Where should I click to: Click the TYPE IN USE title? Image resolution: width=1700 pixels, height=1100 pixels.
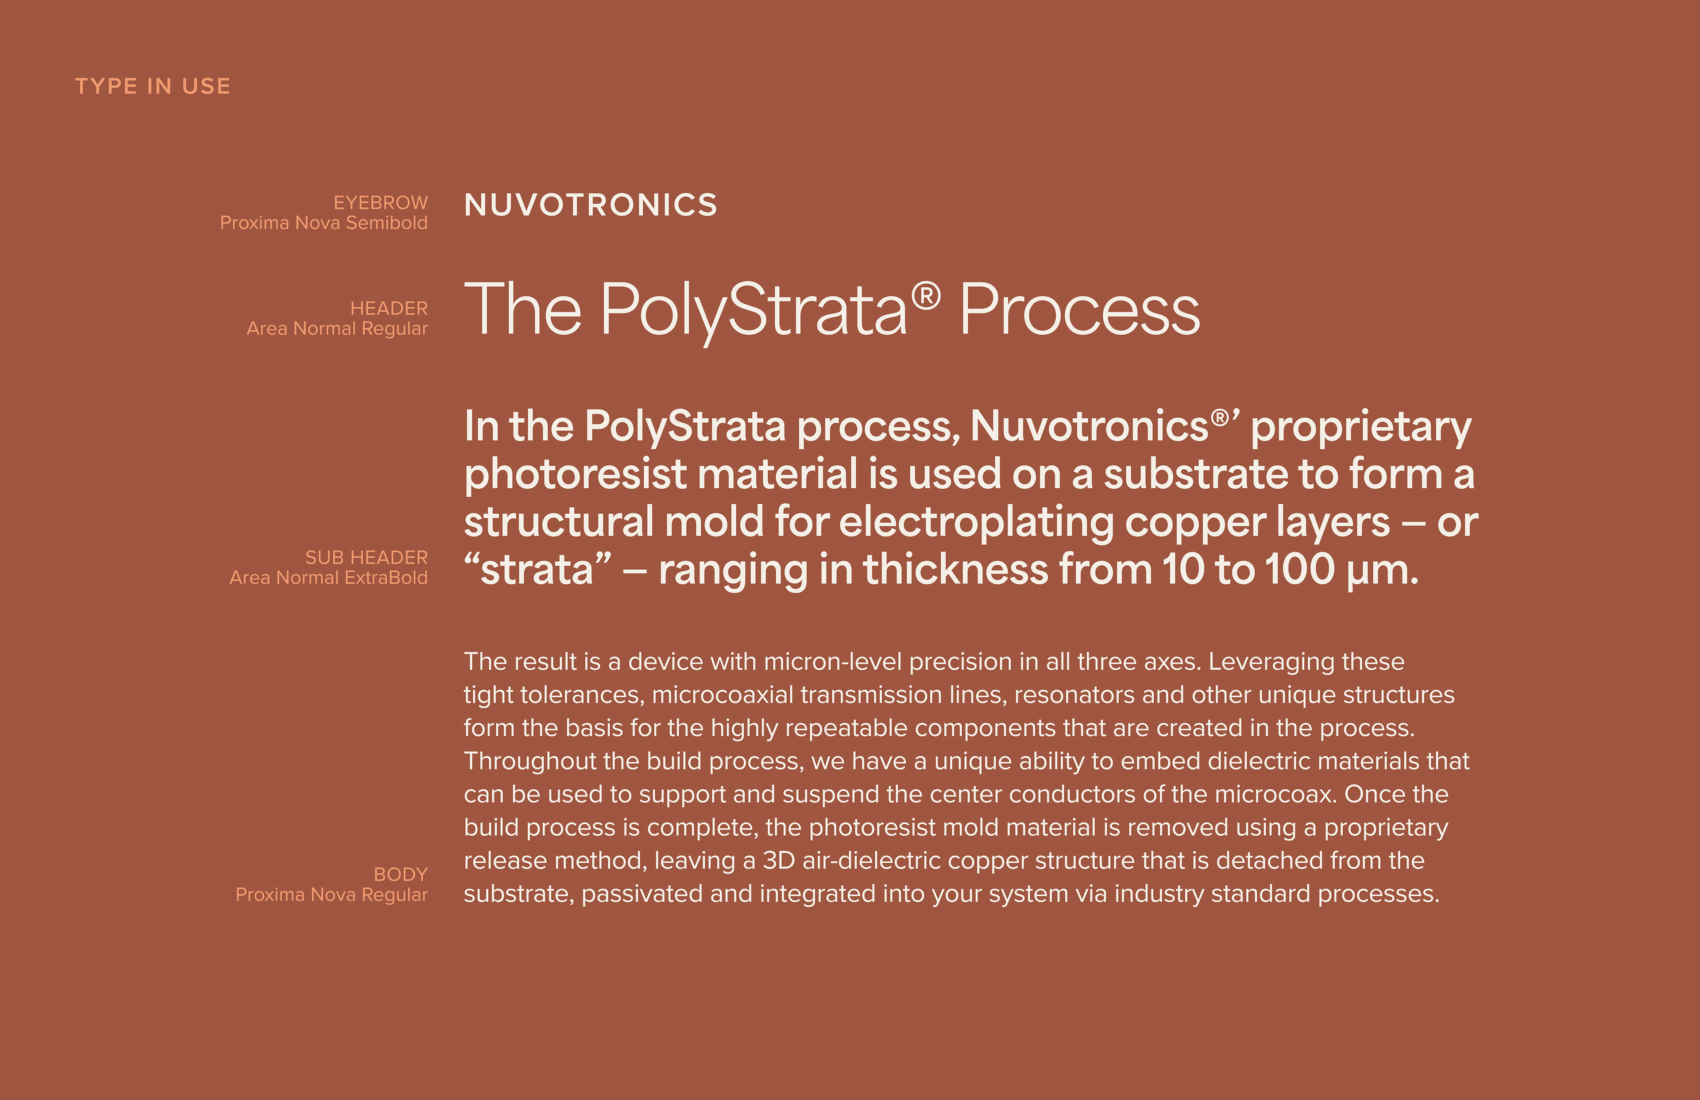[x=153, y=86]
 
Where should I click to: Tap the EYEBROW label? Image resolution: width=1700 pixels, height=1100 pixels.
[x=381, y=203]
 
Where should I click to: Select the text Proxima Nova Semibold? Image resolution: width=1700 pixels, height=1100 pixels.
[x=324, y=223]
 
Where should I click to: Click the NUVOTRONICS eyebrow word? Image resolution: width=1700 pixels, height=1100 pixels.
[x=591, y=205]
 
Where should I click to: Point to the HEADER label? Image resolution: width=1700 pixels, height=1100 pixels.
[x=389, y=309]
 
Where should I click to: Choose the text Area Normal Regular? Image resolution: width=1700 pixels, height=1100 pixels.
[x=337, y=328]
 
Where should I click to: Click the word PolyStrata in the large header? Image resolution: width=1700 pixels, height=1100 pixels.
[x=753, y=312]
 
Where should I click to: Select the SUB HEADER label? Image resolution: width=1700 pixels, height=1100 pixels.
[x=367, y=558]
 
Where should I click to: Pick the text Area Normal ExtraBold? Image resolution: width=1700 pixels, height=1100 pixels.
[x=328, y=578]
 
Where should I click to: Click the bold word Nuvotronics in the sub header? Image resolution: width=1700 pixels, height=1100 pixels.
[x=1090, y=426]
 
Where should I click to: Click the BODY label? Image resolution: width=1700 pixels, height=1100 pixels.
[x=401, y=875]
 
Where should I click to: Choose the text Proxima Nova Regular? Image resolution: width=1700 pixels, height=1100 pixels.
[x=332, y=895]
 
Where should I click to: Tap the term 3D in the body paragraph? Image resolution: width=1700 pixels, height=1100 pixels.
[x=779, y=861]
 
